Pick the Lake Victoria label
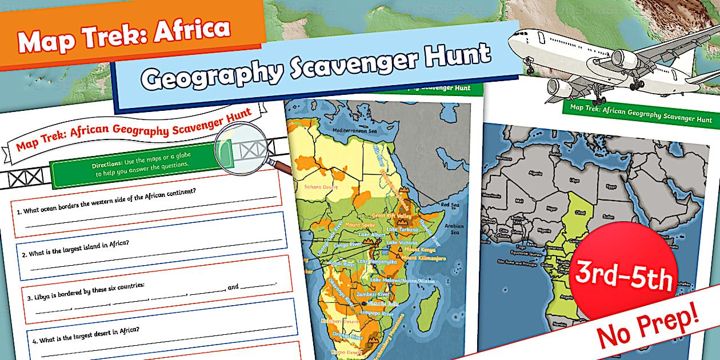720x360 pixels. tap(405, 243)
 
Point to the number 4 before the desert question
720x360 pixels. tap(35, 341)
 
